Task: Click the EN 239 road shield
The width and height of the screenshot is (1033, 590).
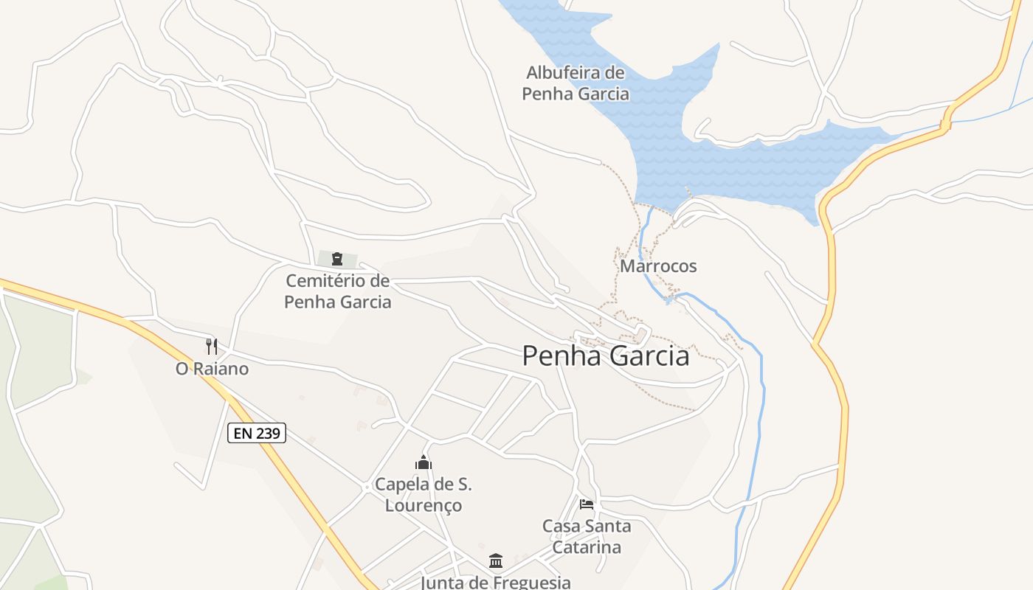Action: (257, 433)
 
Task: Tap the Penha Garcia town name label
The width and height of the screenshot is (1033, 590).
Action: (606, 356)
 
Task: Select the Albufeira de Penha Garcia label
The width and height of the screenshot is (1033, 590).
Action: (576, 83)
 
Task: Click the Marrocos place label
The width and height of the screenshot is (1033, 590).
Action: (658, 266)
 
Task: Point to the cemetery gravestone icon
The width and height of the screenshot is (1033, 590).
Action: (337, 258)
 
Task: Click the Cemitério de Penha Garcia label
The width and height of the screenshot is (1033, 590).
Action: (337, 291)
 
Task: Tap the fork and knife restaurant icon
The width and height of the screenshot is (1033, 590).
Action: (212, 346)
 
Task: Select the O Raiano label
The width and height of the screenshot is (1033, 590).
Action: (212, 369)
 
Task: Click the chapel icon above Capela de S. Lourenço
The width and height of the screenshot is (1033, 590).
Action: (424, 463)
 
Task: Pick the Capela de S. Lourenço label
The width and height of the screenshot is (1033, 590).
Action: (424, 495)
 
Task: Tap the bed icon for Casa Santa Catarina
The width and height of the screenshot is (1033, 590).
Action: (587, 504)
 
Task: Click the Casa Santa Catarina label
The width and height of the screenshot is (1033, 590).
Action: (587, 537)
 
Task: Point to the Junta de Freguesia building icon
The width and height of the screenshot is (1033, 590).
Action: (496, 561)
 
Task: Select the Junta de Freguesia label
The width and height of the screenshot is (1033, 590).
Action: (496, 583)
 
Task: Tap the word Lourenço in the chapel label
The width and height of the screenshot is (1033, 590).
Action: (424, 506)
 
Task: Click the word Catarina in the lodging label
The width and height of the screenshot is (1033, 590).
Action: (587, 547)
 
